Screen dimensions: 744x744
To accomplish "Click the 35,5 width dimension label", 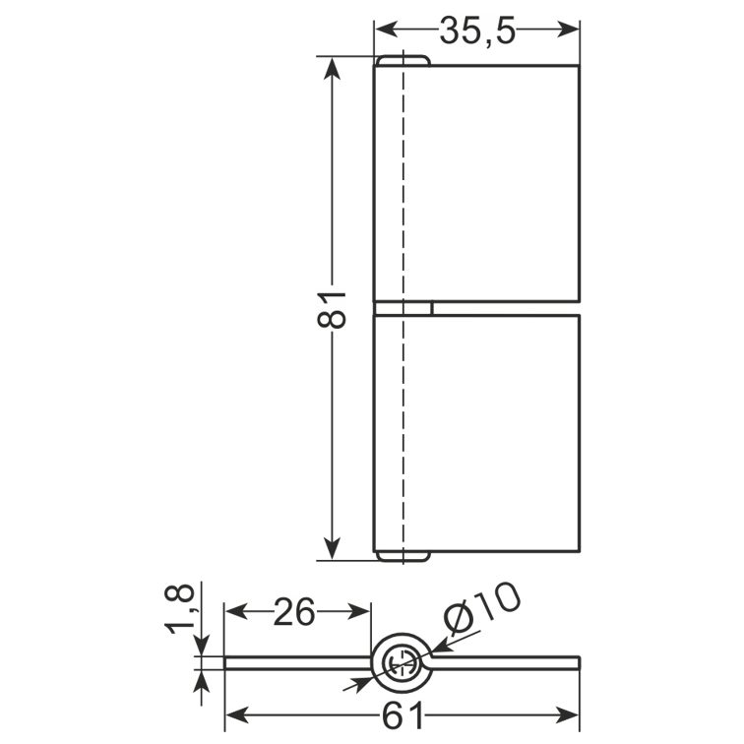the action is point(477,31).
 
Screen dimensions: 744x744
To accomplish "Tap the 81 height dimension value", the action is point(332,310).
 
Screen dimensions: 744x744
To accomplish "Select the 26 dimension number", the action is point(294,611).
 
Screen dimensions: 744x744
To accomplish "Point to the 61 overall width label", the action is point(403,715).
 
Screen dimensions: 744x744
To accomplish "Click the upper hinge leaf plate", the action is point(477,183).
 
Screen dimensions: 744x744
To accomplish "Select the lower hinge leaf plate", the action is point(477,434).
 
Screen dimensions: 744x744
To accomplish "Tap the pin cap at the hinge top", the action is point(403,60).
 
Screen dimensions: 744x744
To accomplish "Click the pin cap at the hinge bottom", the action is point(403,557).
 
